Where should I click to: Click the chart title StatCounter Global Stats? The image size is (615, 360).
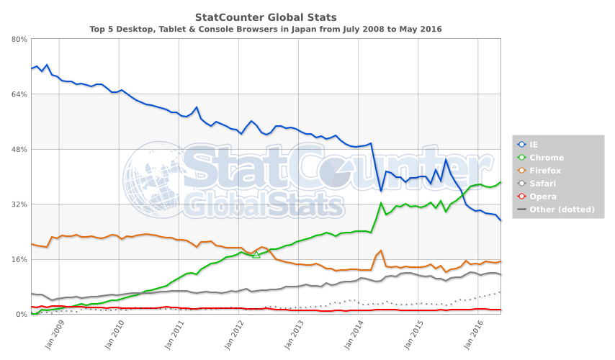click(266, 16)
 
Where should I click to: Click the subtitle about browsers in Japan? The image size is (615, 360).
click(266, 29)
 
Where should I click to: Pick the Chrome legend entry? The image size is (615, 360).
click(546, 158)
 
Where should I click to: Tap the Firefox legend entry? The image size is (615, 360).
click(545, 171)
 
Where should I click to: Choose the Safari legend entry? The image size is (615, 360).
click(543, 184)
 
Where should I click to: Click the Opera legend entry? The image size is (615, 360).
click(542, 197)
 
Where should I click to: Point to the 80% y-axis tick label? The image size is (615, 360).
click(19, 40)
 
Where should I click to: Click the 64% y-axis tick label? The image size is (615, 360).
click(19, 94)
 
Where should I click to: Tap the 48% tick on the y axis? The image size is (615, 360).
click(19, 149)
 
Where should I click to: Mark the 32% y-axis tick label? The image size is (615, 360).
click(19, 204)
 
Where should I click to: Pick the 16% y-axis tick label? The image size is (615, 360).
click(19, 259)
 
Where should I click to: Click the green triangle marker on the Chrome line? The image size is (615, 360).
click(256, 254)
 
